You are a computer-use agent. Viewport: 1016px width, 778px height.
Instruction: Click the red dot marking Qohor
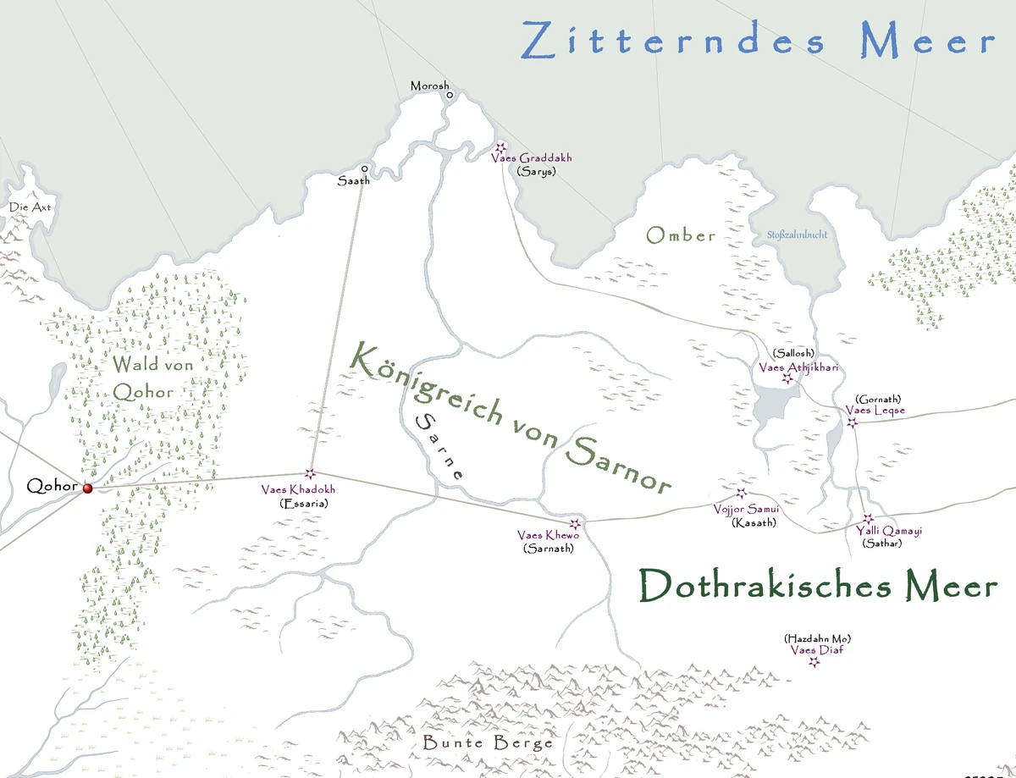pyautogui.click(x=87, y=488)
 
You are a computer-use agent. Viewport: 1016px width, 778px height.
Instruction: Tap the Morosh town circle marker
pyautogui.click(x=450, y=96)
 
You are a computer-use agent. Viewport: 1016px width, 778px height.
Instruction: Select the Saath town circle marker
pyautogui.click(x=365, y=168)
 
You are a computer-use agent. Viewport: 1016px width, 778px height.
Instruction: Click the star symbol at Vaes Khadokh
pyautogui.click(x=310, y=474)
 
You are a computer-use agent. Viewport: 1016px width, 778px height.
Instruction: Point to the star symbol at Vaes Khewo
pyautogui.click(x=576, y=524)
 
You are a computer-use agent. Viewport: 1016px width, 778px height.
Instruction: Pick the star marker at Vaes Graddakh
pyautogui.click(x=500, y=146)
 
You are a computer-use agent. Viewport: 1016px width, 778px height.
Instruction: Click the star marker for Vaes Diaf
pyautogui.click(x=814, y=662)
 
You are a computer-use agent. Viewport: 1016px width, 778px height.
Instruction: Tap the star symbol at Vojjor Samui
pyautogui.click(x=742, y=493)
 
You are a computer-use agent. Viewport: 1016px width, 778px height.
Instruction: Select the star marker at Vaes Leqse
pyautogui.click(x=853, y=422)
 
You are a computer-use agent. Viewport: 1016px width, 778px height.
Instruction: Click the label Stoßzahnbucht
pyautogui.click(x=796, y=235)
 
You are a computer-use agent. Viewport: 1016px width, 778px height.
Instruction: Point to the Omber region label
pyautogui.click(x=681, y=235)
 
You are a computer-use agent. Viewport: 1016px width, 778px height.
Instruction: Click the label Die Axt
pyautogui.click(x=30, y=207)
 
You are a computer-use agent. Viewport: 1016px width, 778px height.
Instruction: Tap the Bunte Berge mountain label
pyautogui.click(x=487, y=743)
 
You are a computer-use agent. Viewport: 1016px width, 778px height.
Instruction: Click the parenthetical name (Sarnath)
pyautogui.click(x=549, y=548)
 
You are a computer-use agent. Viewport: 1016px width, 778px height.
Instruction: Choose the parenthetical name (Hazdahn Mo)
pyautogui.click(x=817, y=638)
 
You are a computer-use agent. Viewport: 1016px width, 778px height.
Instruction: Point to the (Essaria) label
pyautogui.click(x=303, y=503)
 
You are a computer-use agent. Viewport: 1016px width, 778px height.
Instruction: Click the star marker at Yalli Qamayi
pyautogui.click(x=867, y=519)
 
